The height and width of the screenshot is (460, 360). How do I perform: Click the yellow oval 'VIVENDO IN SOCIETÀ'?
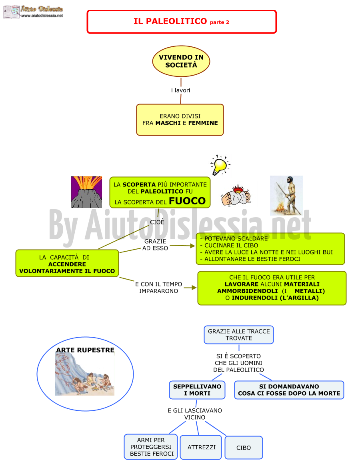[x=181, y=61]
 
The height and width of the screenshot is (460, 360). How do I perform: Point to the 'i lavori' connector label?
[x=181, y=90]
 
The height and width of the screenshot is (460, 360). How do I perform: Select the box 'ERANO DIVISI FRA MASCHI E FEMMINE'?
[x=180, y=120]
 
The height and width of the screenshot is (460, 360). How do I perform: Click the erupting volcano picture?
[x=86, y=192]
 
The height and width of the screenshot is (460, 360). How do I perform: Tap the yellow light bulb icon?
[x=220, y=165]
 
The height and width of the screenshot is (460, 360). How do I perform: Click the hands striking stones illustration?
[x=236, y=196]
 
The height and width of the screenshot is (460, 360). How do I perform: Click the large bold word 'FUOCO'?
[x=187, y=201]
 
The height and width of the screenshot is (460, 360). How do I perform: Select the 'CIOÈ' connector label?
[x=157, y=222]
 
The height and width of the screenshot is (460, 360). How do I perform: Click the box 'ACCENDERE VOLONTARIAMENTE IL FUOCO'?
[x=67, y=264]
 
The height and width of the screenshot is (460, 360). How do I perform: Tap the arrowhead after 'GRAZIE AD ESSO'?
[x=192, y=246]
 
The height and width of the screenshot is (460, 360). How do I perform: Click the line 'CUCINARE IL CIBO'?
[x=231, y=245]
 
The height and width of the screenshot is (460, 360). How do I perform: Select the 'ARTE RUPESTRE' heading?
[x=85, y=350]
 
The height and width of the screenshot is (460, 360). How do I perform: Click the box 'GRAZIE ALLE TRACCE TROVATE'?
[x=239, y=335]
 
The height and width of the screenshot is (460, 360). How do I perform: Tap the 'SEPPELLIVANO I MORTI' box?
[x=197, y=390]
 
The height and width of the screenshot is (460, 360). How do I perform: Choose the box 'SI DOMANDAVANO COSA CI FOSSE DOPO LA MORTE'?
[x=289, y=390]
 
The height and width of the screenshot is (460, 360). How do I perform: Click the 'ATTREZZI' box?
[x=201, y=447]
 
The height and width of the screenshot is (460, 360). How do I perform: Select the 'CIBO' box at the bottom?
[x=244, y=448]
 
